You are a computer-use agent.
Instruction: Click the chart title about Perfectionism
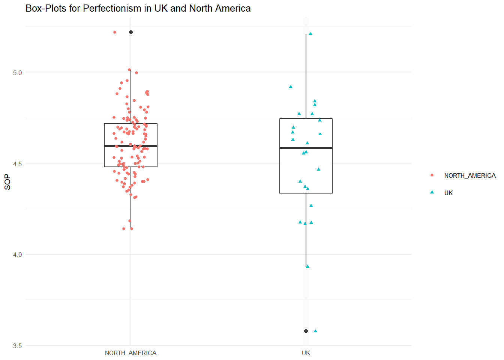138,8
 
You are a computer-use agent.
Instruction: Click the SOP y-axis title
7,182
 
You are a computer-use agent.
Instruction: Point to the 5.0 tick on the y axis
17,73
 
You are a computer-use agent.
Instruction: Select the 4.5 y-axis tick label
17,164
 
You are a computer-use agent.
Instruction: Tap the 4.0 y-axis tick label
17,255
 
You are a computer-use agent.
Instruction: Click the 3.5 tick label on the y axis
17,346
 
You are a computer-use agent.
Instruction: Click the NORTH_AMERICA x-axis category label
130,353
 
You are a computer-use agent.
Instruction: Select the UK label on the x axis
306,353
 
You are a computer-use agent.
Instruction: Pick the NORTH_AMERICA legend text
469,175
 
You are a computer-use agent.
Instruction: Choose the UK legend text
448,193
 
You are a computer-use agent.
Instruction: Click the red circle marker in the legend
432,175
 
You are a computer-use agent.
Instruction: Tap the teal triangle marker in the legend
432,192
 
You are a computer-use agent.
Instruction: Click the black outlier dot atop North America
131,32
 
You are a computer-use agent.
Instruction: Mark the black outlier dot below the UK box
306,331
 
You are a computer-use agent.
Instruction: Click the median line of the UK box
306,148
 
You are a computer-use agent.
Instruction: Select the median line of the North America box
130,146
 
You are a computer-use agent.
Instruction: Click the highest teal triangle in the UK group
310,34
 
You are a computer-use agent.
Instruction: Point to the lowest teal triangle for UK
315,331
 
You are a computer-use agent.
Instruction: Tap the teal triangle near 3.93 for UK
308,266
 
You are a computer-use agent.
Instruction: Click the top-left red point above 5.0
115,32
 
